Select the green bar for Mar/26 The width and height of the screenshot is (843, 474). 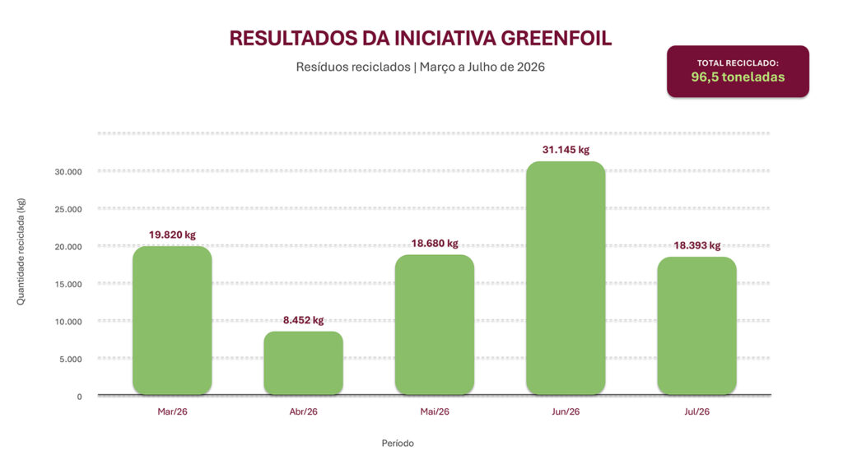[172, 320]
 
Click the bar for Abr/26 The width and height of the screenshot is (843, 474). [303, 363]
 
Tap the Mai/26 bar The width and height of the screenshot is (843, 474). [435, 324]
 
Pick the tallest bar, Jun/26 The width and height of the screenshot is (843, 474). [566, 278]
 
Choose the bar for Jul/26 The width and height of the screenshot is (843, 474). [696, 326]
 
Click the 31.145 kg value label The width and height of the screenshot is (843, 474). [566, 150]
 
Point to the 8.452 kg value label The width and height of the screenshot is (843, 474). [303, 320]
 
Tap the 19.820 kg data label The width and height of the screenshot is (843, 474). [172, 235]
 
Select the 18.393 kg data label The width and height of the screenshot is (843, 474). [696, 245]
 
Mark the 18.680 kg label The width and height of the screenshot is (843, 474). [435, 244]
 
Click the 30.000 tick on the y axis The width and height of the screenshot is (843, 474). [68, 172]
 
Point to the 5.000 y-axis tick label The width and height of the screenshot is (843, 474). [71, 359]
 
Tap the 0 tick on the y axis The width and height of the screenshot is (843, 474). [80, 397]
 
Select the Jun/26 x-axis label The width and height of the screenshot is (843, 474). [566, 411]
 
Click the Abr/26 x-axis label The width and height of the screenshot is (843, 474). [303, 411]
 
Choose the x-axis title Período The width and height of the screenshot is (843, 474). [398, 444]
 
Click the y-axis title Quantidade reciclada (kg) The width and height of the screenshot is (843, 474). [21, 252]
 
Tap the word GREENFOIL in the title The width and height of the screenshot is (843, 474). [557, 39]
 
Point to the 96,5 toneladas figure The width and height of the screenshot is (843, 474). [738, 77]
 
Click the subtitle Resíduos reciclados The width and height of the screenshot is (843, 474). [353, 67]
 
